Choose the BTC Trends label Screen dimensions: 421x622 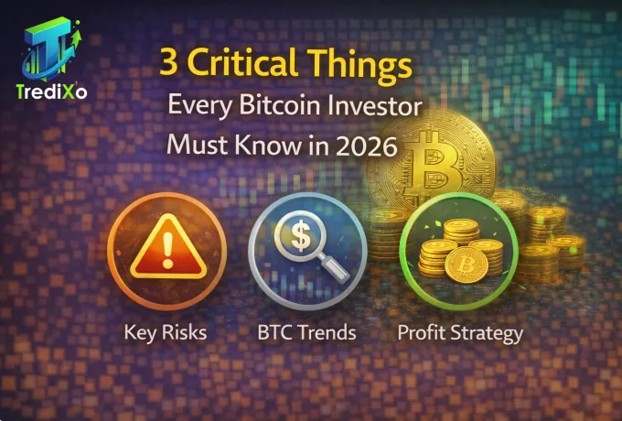click(307, 331)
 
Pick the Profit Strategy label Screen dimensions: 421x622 click(459, 331)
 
